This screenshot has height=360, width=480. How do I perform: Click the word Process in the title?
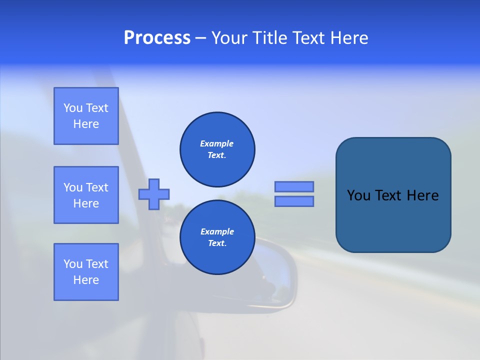tap(157, 38)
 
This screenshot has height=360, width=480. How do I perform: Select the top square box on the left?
tap(86, 116)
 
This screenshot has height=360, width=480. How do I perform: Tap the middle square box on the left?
tap(86, 195)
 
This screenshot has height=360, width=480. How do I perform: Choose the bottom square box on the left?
tap(86, 272)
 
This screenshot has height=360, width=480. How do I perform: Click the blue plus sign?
tap(154, 194)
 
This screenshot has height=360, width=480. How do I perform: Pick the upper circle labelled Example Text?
tap(217, 149)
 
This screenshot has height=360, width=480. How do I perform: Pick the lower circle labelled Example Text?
tap(217, 237)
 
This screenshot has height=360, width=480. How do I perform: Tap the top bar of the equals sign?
tap(294, 186)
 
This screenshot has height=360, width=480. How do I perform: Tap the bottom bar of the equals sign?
tap(294, 201)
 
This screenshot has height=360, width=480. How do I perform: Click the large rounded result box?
tap(393, 220)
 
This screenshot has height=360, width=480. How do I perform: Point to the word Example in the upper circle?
tap(217, 143)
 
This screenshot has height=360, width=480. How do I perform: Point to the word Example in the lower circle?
tap(217, 231)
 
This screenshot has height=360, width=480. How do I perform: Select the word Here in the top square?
tap(86, 124)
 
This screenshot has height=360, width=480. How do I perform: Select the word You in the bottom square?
tap(73, 264)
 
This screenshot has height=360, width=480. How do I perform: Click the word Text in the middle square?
tap(97, 187)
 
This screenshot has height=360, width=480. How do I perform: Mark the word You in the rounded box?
tap(358, 195)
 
